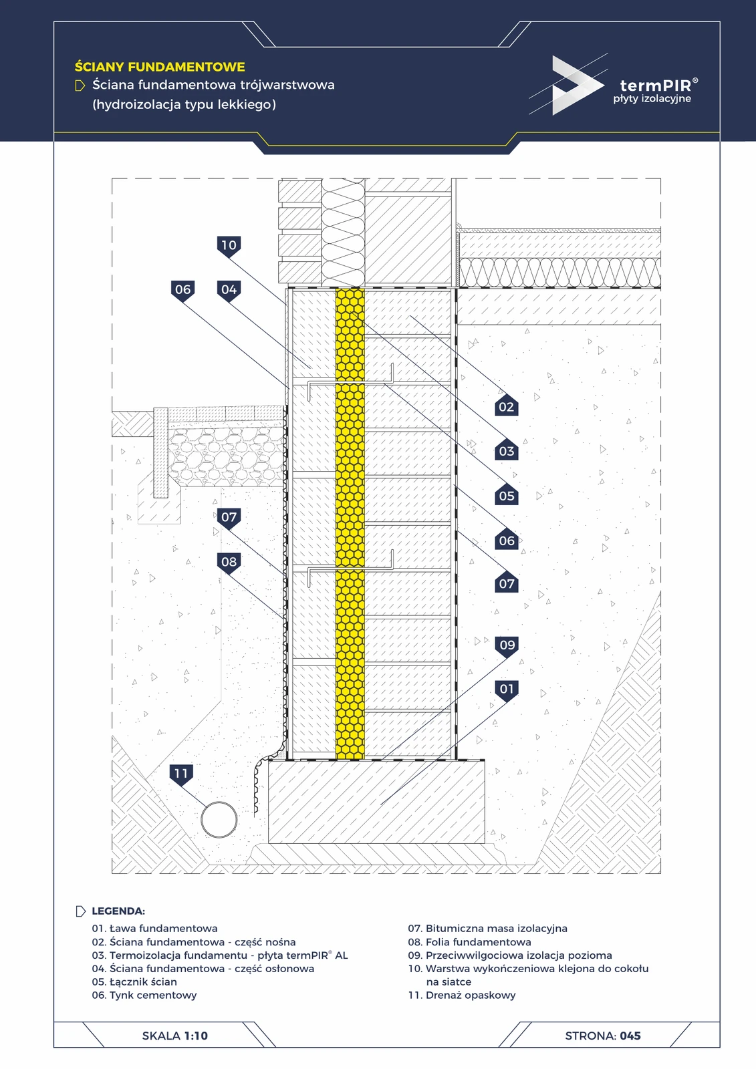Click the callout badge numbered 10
pyautogui.click(x=229, y=247)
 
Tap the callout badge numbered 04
pyautogui.click(x=229, y=290)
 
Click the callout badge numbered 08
pyautogui.click(x=229, y=563)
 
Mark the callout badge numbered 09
pyautogui.click(x=507, y=646)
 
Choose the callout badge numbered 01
pyautogui.click(x=507, y=690)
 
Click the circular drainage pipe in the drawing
pyautogui.click(x=219, y=819)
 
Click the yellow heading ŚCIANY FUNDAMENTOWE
pyautogui.click(x=160, y=66)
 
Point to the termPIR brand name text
pyautogui.click(x=656, y=86)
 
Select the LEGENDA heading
pyautogui.click(x=118, y=911)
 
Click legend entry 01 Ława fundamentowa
pyautogui.click(x=154, y=928)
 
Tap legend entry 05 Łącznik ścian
pyautogui.click(x=134, y=981)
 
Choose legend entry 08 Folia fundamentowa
pyautogui.click(x=469, y=941)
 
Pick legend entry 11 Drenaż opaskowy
pyautogui.click(x=462, y=995)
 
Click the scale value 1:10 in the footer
pyautogui.click(x=196, y=1036)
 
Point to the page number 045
pyautogui.click(x=630, y=1036)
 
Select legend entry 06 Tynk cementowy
pyautogui.click(x=144, y=995)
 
